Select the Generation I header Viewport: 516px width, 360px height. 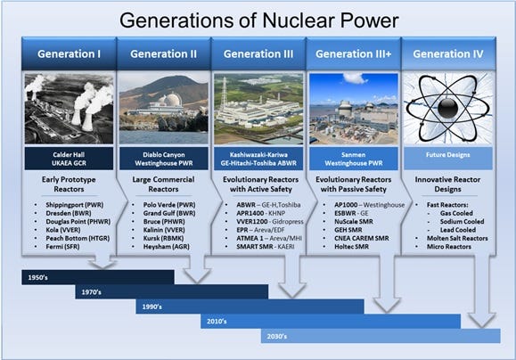[69, 53]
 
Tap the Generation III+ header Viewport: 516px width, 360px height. [353, 53]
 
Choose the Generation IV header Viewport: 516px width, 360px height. [448, 53]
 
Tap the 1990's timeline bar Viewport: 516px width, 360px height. [250, 306]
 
